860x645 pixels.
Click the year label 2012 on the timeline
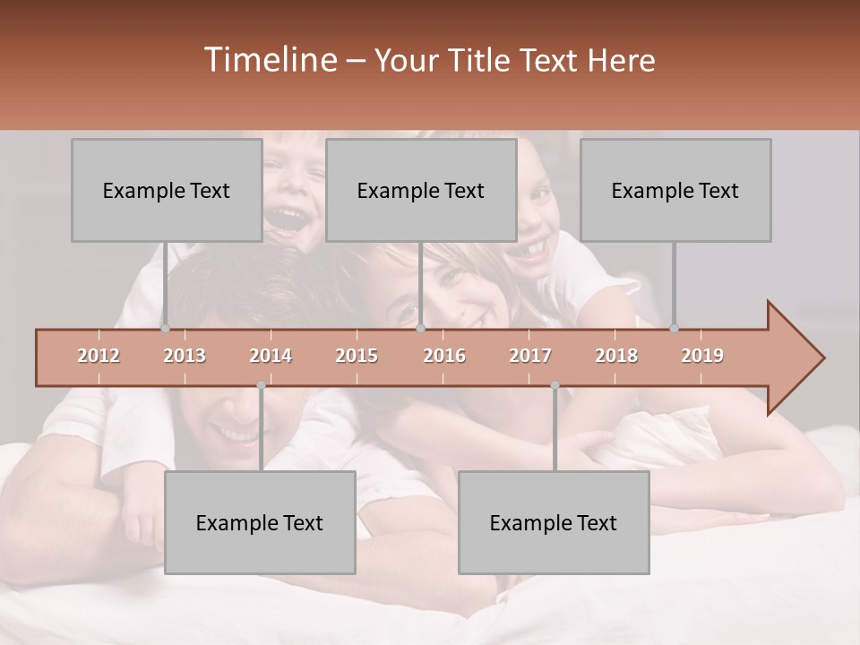pyautogui.click(x=99, y=356)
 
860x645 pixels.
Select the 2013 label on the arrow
pyautogui.click(x=185, y=356)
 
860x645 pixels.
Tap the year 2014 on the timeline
pyautogui.click(x=271, y=356)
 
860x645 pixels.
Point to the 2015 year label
pyautogui.click(x=357, y=356)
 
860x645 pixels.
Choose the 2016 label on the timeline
pyautogui.click(x=444, y=356)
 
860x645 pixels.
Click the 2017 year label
pyautogui.click(x=530, y=356)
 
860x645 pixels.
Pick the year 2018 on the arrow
pyautogui.click(x=616, y=356)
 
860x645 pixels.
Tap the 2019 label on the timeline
pyautogui.click(x=702, y=356)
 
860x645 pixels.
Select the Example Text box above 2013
pyautogui.click(x=167, y=190)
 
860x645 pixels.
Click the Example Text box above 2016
pyautogui.click(x=421, y=190)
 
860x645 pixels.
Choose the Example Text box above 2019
pyautogui.click(x=675, y=190)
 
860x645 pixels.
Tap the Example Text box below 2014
pyautogui.click(x=260, y=522)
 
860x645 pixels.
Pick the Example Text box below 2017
pyautogui.click(x=554, y=522)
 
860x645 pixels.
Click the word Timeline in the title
pyautogui.click(x=269, y=60)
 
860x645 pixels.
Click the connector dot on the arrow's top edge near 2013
pyautogui.click(x=165, y=329)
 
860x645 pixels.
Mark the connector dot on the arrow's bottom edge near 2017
pyautogui.click(x=555, y=385)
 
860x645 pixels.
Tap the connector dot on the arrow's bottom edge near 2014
pyautogui.click(x=261, y=385)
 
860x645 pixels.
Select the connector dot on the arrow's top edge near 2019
pyautogui.click(x=674, y=329)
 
